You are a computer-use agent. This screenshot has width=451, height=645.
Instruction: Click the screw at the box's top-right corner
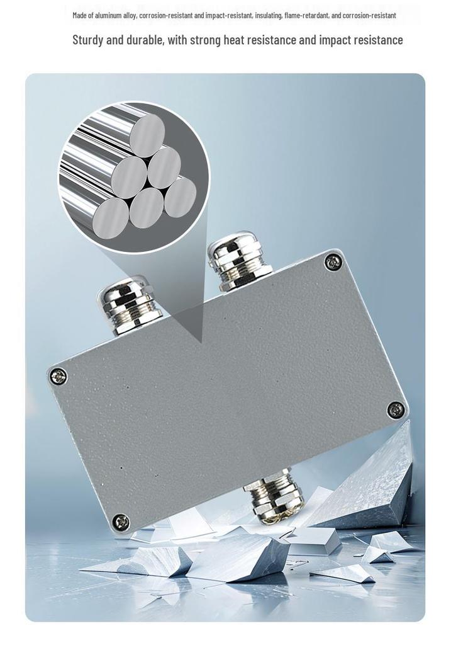[333, 261]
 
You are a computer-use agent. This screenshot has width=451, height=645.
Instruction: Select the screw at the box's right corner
[396, 409]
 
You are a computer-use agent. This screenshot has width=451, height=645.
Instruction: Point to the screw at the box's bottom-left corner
[121, 522]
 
